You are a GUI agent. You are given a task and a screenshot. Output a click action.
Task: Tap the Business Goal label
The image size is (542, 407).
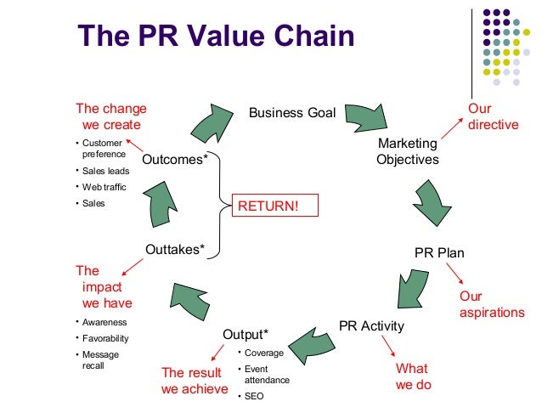point(291,113)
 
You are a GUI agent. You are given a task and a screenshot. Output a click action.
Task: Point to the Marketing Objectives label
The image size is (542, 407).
point(408,150)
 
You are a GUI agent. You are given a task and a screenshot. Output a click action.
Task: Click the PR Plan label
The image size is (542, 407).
point(439,253)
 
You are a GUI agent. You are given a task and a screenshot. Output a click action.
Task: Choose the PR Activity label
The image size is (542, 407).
point(371,325)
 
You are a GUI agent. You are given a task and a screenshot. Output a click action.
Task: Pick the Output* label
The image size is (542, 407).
point(246,334)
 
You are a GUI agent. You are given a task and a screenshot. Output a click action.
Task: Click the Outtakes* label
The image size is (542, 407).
point(175,250)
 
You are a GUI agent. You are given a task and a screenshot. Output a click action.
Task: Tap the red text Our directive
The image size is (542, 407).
point(493,116)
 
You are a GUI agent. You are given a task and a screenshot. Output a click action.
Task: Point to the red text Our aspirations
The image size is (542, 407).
point(492,304)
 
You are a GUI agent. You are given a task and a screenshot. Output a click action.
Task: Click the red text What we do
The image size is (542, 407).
point(414,376)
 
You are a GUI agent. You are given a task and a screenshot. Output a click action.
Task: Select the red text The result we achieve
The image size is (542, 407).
point(195,381)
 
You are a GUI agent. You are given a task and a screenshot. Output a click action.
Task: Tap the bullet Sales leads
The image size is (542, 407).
point(106,171)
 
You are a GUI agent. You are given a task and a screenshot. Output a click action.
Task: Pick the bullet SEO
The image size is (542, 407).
point(253,396)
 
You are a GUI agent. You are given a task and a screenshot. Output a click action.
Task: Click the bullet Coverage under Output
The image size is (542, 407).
point(263,353)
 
